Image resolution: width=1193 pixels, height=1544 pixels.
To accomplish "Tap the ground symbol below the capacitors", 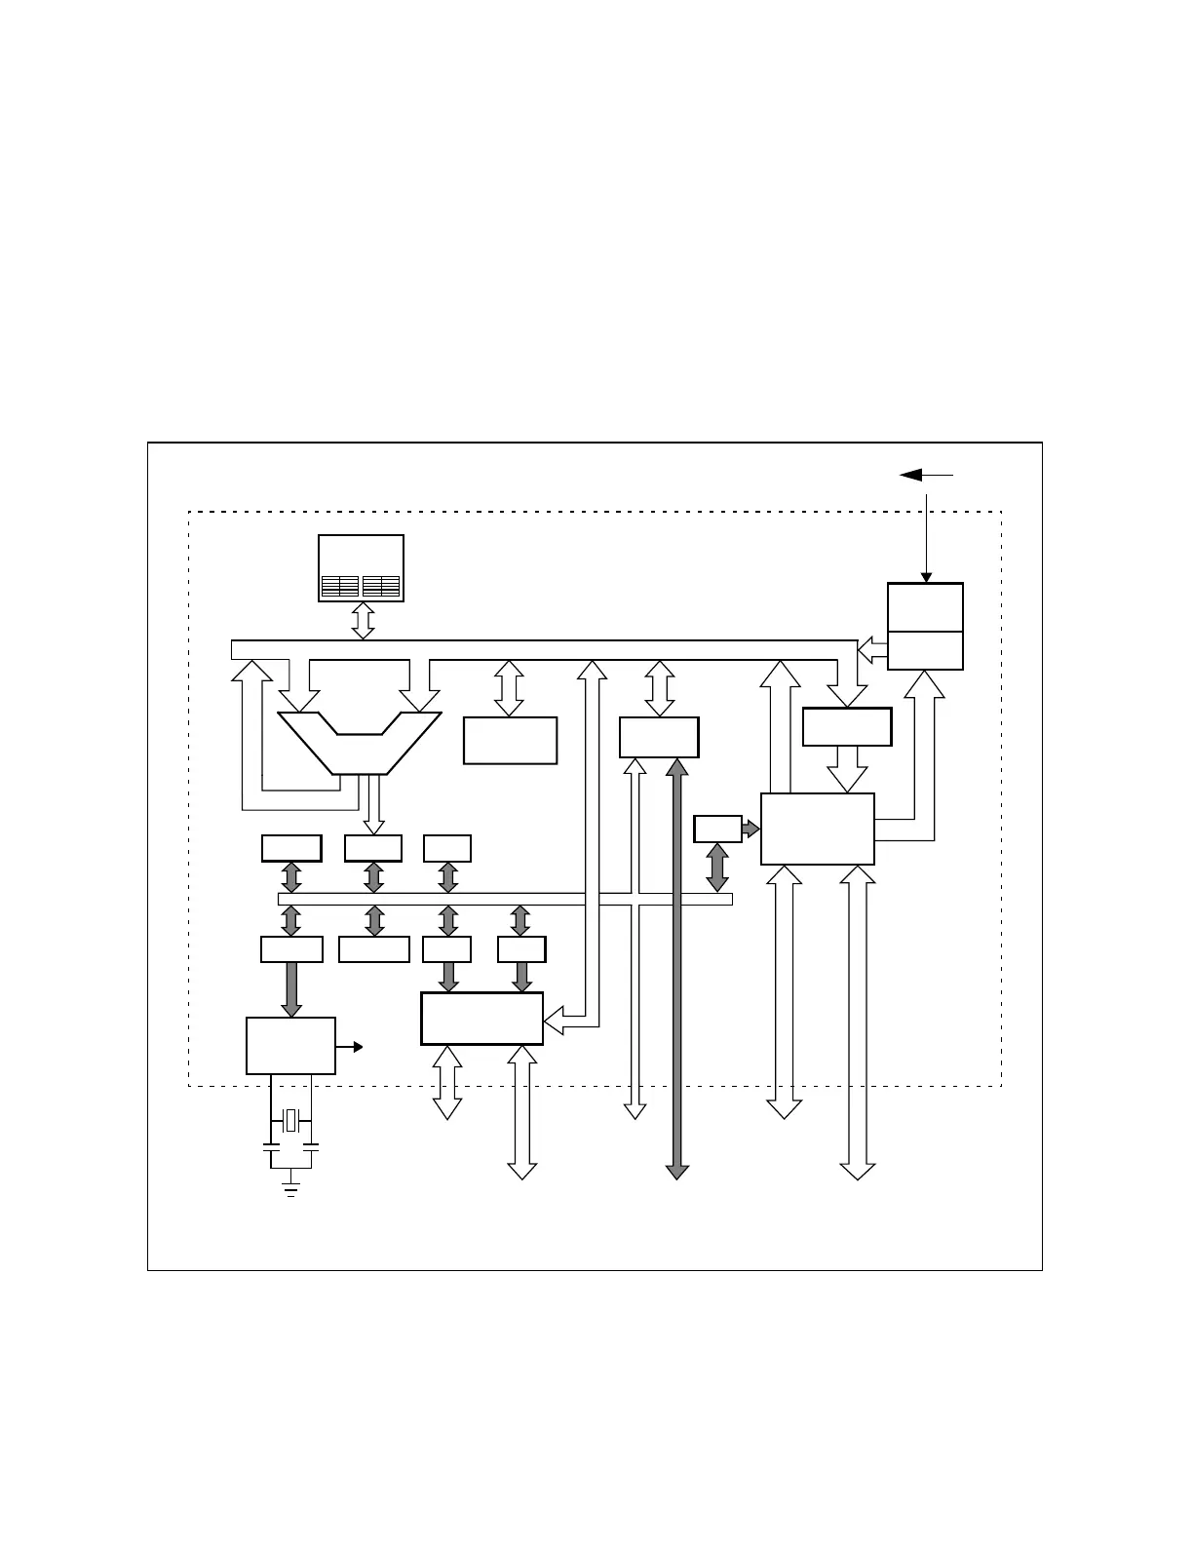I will click(290, 1186).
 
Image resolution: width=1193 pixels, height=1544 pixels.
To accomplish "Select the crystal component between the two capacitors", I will click(290, 1121).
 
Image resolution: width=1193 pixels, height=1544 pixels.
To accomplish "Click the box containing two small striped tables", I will click(361, 568).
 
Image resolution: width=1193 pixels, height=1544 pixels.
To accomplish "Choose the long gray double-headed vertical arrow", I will click(676, 970).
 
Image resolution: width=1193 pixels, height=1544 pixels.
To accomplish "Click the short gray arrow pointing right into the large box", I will click(750, 829).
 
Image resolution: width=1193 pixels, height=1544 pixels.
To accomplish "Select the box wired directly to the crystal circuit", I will click(290, 1046).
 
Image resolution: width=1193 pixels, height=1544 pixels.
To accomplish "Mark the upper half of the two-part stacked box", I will click(925, 607).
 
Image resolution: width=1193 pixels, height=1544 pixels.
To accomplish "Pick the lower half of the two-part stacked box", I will click(925, 650).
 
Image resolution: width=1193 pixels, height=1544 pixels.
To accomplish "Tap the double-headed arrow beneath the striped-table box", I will click(363, 621).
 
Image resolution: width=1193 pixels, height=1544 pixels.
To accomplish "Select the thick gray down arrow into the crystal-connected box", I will click(291, 989).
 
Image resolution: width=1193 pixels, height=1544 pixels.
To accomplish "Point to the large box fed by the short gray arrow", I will click(817, 829).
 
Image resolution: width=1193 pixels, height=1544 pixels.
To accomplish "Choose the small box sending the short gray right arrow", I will click(717, 829).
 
